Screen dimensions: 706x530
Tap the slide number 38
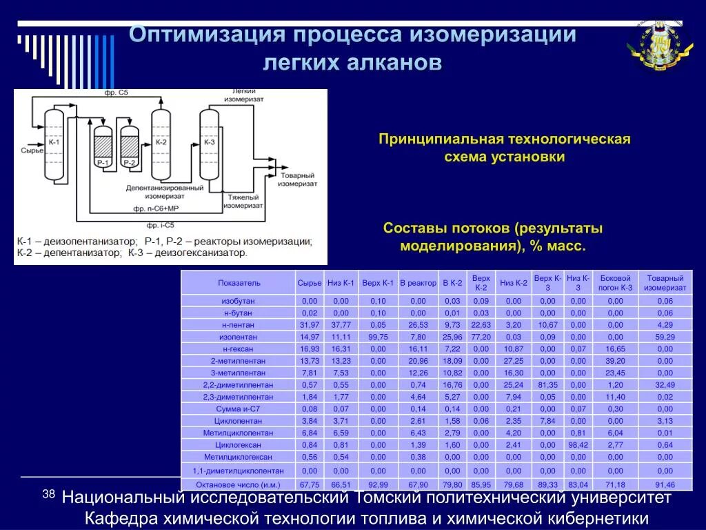coord(48,494)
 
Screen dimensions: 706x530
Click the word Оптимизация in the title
coord(207,35)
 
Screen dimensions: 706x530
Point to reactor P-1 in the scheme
coord(103,147)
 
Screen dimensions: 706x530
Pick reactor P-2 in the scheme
coord(130,147)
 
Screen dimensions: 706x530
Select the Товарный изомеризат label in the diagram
coord(298,180)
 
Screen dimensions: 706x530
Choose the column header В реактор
coord(418,283)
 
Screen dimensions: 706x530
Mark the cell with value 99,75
coord(378,337)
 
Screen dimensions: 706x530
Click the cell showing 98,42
coord(578,445)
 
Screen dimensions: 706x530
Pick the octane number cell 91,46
coord(665,484)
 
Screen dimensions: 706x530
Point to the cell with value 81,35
coord(547,384)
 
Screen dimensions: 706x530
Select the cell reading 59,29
coord(665,337)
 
